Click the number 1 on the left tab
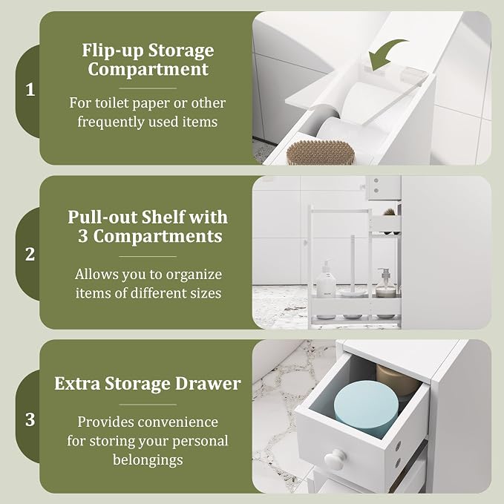tap(30, 90)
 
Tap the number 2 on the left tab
tap(30, 255)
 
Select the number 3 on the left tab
tap(30, 419)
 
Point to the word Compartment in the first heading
tap(148, 70)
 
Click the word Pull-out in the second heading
tap(102, 217)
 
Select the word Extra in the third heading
tap(77, 384)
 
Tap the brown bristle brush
tap(321, 152)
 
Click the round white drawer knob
tap(334, 459)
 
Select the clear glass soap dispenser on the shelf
tap(385, 284)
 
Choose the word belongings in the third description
tap(148, 460)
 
